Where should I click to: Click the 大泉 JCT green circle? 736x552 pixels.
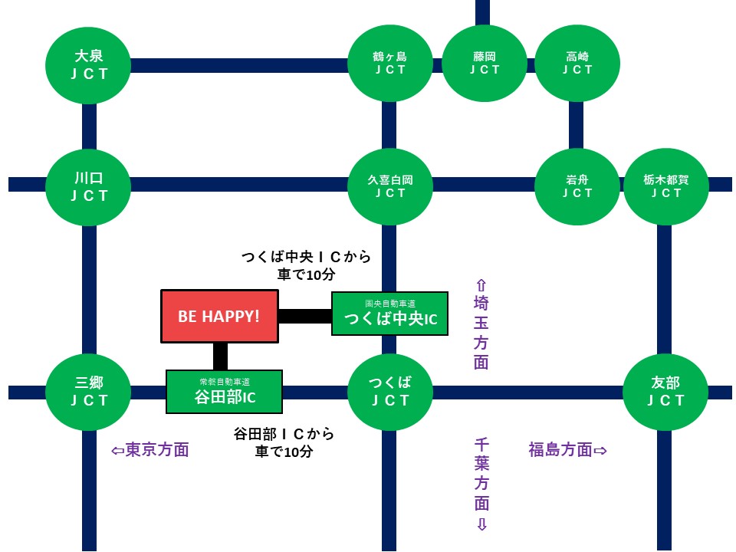point(89,64)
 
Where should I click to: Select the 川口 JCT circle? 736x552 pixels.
point(89,186)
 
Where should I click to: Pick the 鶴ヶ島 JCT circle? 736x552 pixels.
point(389,63)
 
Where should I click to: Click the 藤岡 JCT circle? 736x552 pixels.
point(485,63)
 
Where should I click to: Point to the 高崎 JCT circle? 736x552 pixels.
point(577,63)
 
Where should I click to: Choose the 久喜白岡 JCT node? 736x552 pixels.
point(390,186)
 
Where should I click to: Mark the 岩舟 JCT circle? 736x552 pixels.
point(577,186)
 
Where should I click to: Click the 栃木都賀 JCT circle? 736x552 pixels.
point(665,186)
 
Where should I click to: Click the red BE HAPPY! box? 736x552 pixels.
point(219,316)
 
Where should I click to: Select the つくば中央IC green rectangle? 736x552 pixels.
point(389,314)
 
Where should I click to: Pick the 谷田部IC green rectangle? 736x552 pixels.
point(225,392)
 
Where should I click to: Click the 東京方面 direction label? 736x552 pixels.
point(150,450)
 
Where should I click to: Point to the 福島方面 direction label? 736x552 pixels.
point(567,450)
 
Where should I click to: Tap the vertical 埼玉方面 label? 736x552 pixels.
point(481,325)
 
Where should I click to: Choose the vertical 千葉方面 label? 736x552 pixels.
point(481,483)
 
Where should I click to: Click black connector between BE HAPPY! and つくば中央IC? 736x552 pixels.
point(304,316)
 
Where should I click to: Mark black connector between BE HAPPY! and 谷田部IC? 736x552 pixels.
point(220,356)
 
